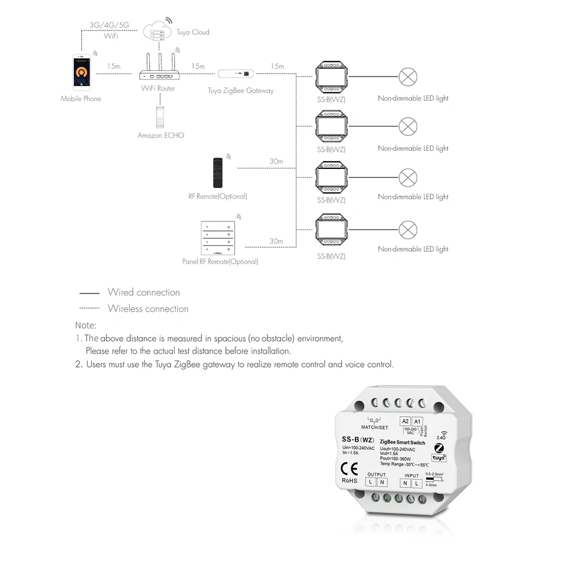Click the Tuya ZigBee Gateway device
point(236,73)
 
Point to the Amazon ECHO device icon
point(161,116)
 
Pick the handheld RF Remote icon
point(217,173)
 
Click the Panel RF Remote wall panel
point(217,238)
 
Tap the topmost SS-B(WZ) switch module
point(331,76)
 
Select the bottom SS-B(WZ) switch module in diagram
point(331,230)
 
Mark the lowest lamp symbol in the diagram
point(408,230)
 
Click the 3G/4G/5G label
point(109,25)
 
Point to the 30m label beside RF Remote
point(276,162)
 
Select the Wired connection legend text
point(144,292)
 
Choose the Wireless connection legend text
point(148,309)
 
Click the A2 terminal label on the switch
point(405,421)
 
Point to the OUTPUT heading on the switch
point(377,475)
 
